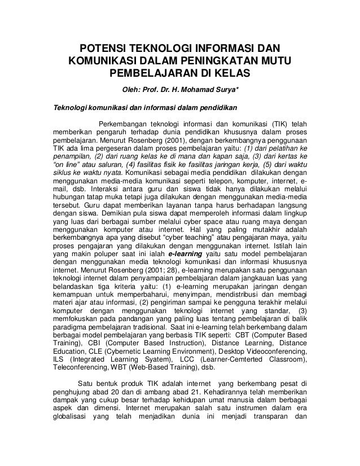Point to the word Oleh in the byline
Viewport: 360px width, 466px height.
[x=126, y=89]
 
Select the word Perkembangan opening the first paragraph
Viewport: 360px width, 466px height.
[x=124, y=124]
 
